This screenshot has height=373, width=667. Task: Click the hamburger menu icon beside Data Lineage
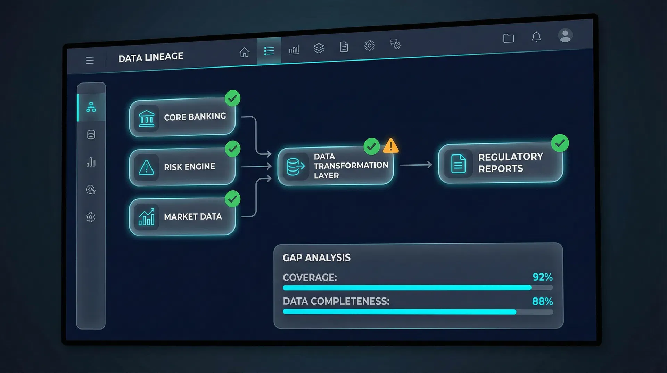click(x=90, y=61)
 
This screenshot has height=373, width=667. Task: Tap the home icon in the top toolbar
click(x=245, y=52)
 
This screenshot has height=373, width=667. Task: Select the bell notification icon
click(x=536, y=37)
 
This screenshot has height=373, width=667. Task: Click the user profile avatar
click(x=565, y=35)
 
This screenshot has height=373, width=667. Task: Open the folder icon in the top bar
click(x=509, y=38)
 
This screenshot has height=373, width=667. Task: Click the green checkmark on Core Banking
click(x=232, y=98)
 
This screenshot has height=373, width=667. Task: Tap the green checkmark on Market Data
click(x=232, y=199)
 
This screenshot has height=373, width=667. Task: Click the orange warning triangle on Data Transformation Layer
click(x=391, y=146)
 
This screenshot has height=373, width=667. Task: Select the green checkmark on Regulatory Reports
click(x=560, y=143)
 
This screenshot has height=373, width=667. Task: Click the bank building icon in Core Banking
click(x=147, y=119)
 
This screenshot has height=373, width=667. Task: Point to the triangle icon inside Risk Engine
click(x=147, y=168)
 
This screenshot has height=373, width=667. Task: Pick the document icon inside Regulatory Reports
click(x=458, y=164)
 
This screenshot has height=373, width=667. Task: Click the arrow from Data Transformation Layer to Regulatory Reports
click(x=416, y=165)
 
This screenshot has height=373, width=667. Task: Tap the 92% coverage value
click(x=542, y=277)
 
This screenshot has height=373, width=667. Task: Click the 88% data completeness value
click(x=542, y=301)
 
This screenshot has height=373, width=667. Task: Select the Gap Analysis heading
click(x=316, y=257)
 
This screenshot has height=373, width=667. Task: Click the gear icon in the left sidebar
click(x=91, y=217)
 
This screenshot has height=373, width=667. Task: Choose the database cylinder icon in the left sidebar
click(x=91, y=135)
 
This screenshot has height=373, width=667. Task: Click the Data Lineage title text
click(x=151, y=57)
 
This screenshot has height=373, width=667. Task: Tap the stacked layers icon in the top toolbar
click(x=319, y=48)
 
